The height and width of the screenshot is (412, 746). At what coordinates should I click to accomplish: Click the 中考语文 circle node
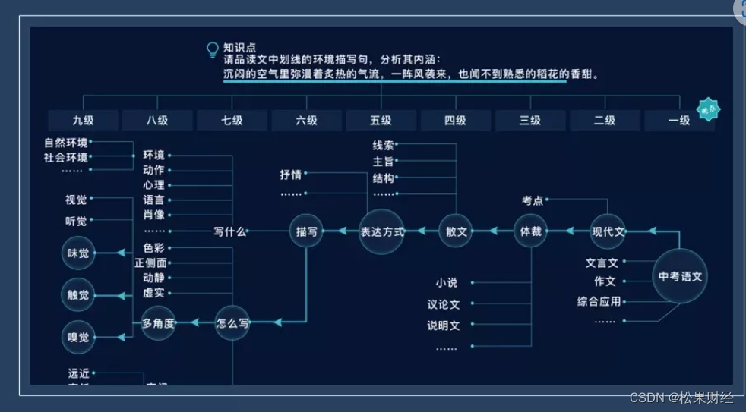tap(680, 277)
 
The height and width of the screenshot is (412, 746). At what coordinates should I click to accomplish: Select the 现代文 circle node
tap(608, 231)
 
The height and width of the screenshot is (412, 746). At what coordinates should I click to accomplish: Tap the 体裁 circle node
tap(530, 231)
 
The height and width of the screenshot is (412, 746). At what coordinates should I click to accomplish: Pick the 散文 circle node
tap(455, 231)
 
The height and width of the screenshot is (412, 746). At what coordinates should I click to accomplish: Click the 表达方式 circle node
tap(382, 231)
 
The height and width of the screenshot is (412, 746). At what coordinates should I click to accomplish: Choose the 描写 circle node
tap(306, 231)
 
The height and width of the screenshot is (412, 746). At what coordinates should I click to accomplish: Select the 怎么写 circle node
tap(232, 322)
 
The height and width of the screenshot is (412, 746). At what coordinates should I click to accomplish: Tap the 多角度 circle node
tap(158, 322)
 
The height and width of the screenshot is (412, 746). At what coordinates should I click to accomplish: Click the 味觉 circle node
tap(77, 253)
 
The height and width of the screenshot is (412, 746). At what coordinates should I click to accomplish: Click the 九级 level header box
tap(84, 121)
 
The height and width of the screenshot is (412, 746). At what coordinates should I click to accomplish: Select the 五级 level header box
tap(381, 121)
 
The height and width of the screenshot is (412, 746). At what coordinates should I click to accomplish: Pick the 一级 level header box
tap(679, 121)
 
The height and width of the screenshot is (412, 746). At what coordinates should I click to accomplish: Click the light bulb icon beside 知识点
tap(213, 49)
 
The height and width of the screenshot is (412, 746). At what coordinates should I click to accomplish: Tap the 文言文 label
tap(602, 263)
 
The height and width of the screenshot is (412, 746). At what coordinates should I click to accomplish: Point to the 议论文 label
tap(443, 305)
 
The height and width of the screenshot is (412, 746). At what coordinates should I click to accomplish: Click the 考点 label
tap(532, 200)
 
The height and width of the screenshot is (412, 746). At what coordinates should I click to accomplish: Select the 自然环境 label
tap(65, 142)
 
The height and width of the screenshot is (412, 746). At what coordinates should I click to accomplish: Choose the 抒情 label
tap(290, 175)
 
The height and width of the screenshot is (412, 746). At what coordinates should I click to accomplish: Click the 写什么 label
tap(229, 231)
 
